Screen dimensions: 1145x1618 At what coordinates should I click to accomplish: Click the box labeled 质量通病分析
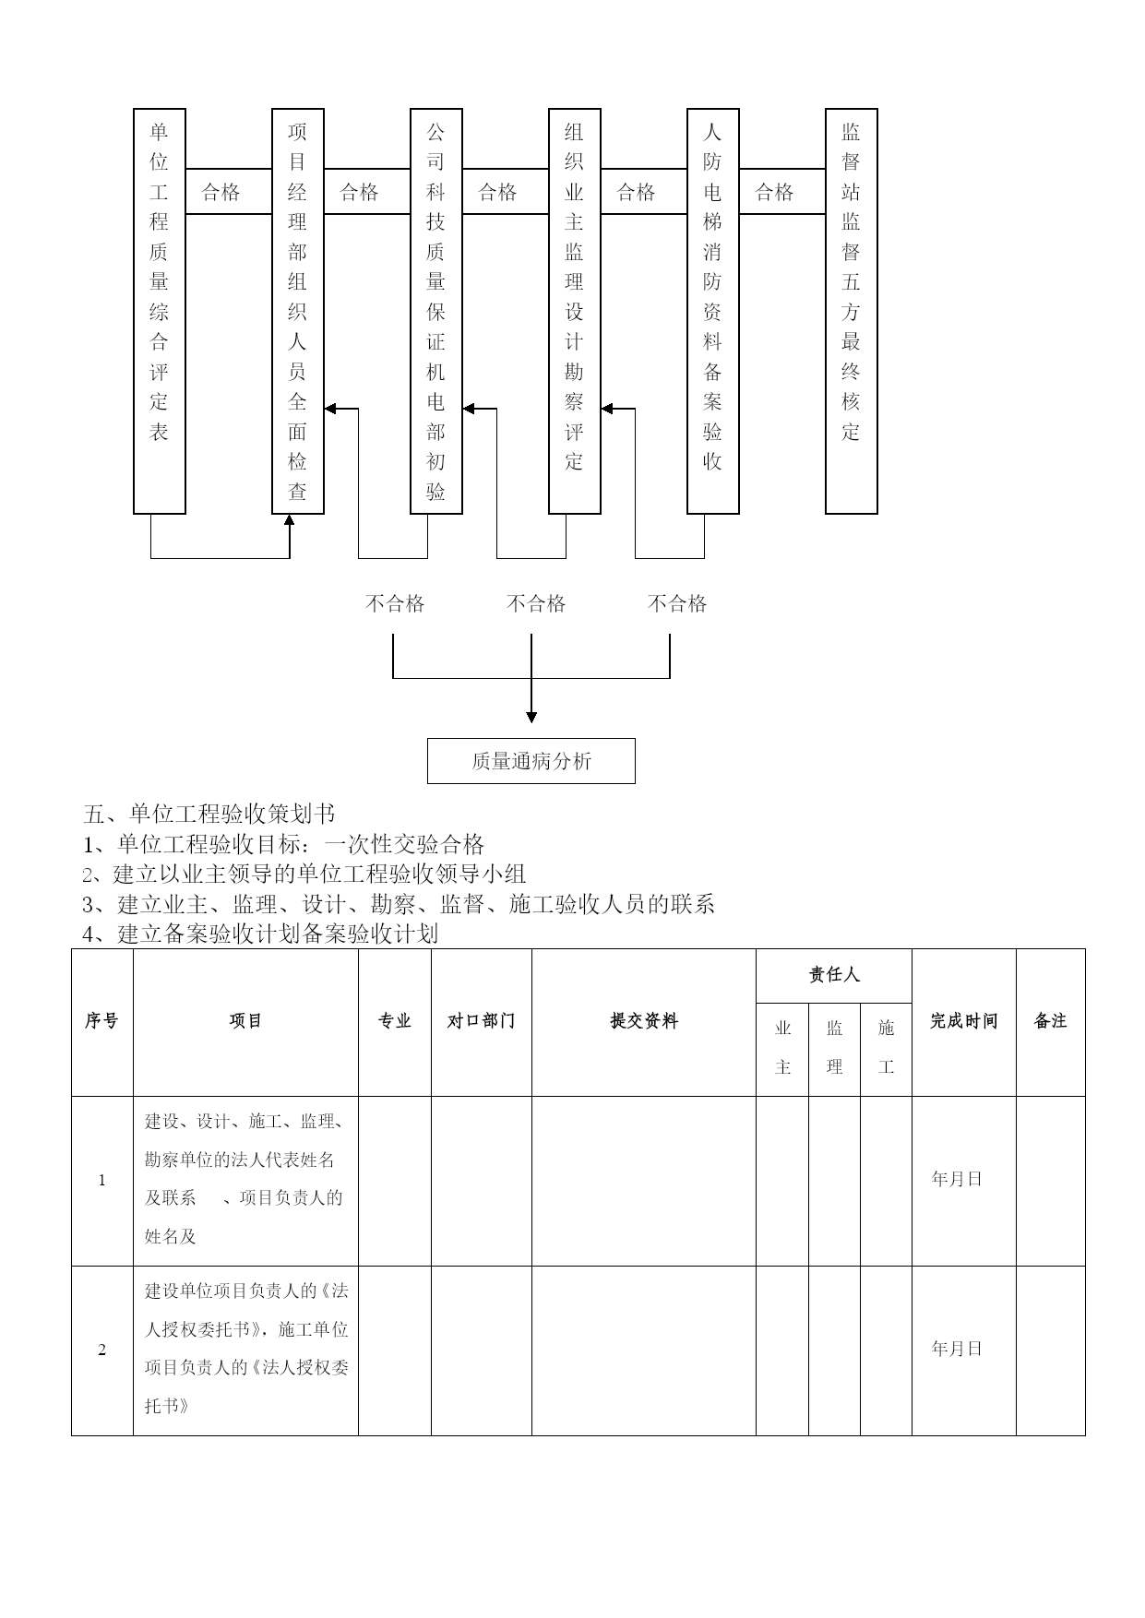click(x=531, y=761)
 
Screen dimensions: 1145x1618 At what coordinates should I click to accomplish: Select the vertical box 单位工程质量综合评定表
click(x=160, y=311)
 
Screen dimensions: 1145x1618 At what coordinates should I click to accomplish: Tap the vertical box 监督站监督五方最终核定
click(x=851, y=311)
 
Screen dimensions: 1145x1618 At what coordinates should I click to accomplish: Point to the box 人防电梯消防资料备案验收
click(x=713, y=311)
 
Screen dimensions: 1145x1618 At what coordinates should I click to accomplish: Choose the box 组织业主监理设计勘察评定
click(x=575, y=311)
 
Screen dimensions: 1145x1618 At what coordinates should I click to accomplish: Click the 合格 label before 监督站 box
click(x=774, y=192)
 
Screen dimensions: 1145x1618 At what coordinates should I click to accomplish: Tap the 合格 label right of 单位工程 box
click(x=221, y=192)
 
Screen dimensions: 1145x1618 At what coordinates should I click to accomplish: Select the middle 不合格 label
click(x=536, y=603)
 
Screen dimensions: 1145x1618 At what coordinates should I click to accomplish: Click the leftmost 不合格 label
click(x=395, y=603)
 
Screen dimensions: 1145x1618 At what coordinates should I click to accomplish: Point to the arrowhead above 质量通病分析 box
click(x=531, y=717)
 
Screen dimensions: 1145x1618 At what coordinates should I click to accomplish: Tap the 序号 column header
click(x=101, y=1021)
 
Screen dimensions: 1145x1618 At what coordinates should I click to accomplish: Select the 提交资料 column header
click(x=644, y=1021)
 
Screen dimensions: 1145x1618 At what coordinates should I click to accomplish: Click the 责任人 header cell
click(x=834, y=974)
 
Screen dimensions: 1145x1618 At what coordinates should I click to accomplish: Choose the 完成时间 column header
click(x=964, y=1021)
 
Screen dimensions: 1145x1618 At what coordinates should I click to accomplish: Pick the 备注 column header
click(x=1051, y=1021)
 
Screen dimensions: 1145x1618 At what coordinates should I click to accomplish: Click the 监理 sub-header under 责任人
click(x=835, y=1047)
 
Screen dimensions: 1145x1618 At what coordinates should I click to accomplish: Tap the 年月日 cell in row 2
click(x=957, y=1349)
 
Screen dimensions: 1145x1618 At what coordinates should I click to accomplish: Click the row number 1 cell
click(x=102, y=1181)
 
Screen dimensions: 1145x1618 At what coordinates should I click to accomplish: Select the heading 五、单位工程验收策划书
click(x=209, y=814)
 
